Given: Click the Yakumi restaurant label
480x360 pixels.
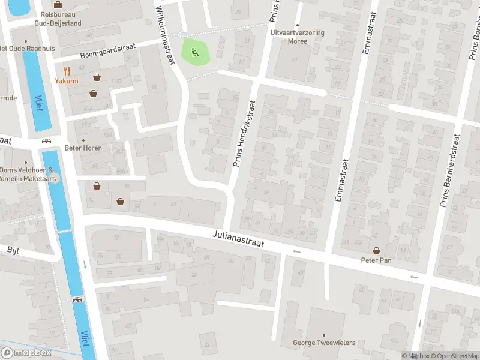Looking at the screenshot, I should [66, 81].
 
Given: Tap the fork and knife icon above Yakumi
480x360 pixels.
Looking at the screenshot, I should [66, 70].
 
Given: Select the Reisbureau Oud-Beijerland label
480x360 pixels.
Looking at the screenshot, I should [58, 18].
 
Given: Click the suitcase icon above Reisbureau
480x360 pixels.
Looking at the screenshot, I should [58, 4].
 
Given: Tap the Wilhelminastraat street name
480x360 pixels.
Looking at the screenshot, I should [163, 27].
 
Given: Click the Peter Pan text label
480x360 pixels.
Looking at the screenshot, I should [376, 260].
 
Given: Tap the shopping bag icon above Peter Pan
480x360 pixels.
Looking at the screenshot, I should [376, 250].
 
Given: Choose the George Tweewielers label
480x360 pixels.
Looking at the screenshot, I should [323, 343].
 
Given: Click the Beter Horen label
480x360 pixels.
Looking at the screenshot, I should [83, 148].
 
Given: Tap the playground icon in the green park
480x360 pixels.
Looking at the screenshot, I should [194, 52].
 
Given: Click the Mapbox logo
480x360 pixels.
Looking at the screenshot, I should [26, 353].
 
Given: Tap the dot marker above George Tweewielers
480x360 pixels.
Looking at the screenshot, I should [323, 335].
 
